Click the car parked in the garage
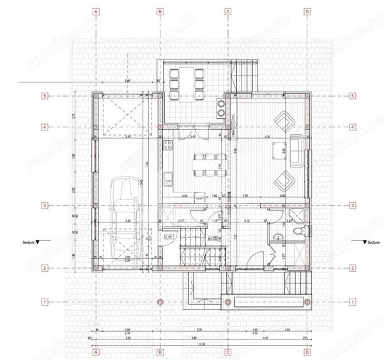125,214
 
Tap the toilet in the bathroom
276,238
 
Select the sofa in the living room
297,148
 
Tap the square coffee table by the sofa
277,152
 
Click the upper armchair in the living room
283,119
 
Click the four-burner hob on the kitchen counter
222,106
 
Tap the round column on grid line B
160,301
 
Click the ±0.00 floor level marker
215,238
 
